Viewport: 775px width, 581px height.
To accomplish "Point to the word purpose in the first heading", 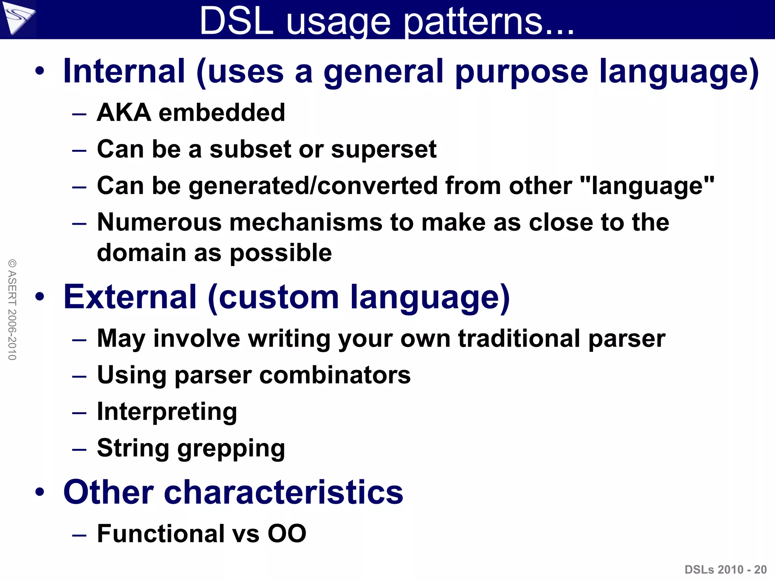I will (x=521, y=72).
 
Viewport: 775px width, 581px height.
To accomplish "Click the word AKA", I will (x=124, y=112).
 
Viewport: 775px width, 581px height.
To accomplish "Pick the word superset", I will (x=384, y=149).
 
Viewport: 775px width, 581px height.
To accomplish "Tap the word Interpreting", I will (x=167, y=412).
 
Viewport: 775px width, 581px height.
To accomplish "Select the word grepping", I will (x=231, y=449).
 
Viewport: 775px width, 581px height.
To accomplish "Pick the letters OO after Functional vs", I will (x=287, y=534).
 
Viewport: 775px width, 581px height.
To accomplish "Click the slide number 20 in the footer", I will (x=760, y=569).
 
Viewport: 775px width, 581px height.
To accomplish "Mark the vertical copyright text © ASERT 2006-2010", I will (x=12, y=309).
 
